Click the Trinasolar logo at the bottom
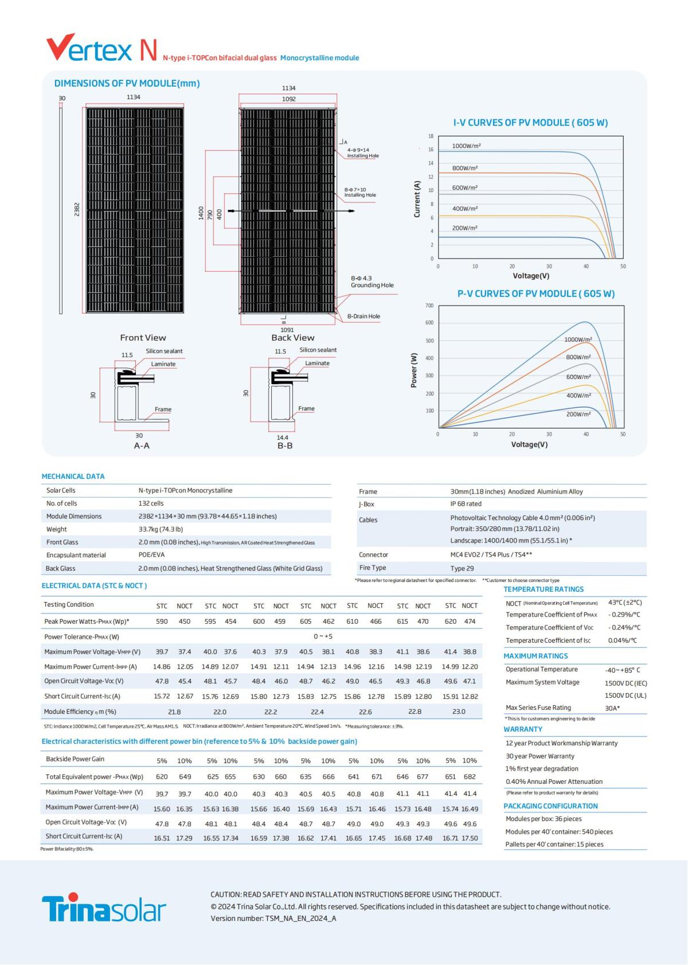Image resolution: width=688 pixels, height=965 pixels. click(x=104, y=907)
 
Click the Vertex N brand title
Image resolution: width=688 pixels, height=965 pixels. click(x=101, y=49)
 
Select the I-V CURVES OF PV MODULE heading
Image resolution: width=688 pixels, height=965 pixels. click(x=530, y=123)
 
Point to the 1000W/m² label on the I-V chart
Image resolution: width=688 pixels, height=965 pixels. click(x=466, y=146)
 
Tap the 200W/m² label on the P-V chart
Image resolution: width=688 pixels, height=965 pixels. click(x=578, y=414)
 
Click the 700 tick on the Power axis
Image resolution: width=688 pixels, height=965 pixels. click(x=429, y=306)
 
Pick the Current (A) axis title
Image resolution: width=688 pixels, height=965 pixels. click(x=417, y=199)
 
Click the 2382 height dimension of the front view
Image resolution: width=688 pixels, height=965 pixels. click(x=77, y=209)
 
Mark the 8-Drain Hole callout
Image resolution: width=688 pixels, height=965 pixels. click(x=363, y=317)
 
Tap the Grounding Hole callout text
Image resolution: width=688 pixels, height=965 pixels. click(x=372, y=285)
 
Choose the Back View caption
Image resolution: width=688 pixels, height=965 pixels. click(x=292, y=338)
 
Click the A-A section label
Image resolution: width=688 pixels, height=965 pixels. click(x=142, y=446)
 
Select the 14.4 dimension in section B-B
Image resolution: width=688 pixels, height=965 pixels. click(x=283, y=437)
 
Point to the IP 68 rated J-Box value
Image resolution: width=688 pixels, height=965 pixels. click(x=466, y=504)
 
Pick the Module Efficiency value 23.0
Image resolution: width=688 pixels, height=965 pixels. click(x=459, y=712)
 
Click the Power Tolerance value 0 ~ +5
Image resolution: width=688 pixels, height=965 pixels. click(x=323, y=636)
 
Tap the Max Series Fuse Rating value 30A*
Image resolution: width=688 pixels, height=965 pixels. click(x=612, y=708)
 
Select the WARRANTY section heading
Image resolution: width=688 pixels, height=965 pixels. click(x=523, y=729)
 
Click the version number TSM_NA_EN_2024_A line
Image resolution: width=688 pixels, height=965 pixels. click(x=273, y=919)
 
